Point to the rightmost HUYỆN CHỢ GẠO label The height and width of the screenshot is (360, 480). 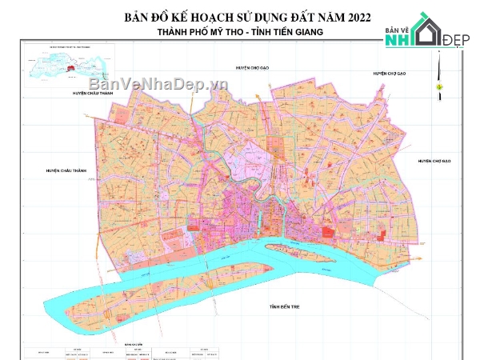point(434,161)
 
